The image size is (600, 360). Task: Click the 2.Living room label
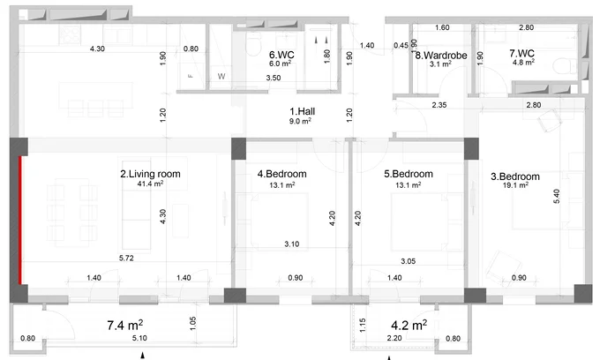click(x=150, y=174)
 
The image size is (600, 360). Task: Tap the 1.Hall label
click(x=303, y=111)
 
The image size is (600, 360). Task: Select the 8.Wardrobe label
click(x=441, y=56)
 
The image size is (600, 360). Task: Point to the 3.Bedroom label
click(x=515, y=176)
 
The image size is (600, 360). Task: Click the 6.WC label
click(x=281, y=55)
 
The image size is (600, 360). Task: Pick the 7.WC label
click(x=521, y=53)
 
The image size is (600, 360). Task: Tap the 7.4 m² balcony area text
click(x=125, y=326)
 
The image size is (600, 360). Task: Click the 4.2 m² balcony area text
click(x=409, y=326)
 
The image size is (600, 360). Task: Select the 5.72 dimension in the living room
click(x=126, y=259)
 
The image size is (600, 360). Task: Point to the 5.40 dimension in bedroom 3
click(x=557, y=196)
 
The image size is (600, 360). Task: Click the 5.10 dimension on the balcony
click(x=139, y=338)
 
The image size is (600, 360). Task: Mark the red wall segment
click(x=20, y=220)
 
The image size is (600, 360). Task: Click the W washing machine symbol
click(x=221, y=77)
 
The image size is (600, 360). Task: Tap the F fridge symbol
click(x=191, y=76)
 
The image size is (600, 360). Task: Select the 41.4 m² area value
click(x=150, y=184)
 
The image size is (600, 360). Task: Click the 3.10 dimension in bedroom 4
click(x=291, y=244)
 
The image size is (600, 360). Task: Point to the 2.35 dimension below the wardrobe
click(x=439, y=105)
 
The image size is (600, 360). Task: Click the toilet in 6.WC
click(x=252, y=45)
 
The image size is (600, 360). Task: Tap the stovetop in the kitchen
click(x=70, y=35)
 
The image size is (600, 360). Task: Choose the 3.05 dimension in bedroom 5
click(x=408, y=261)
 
